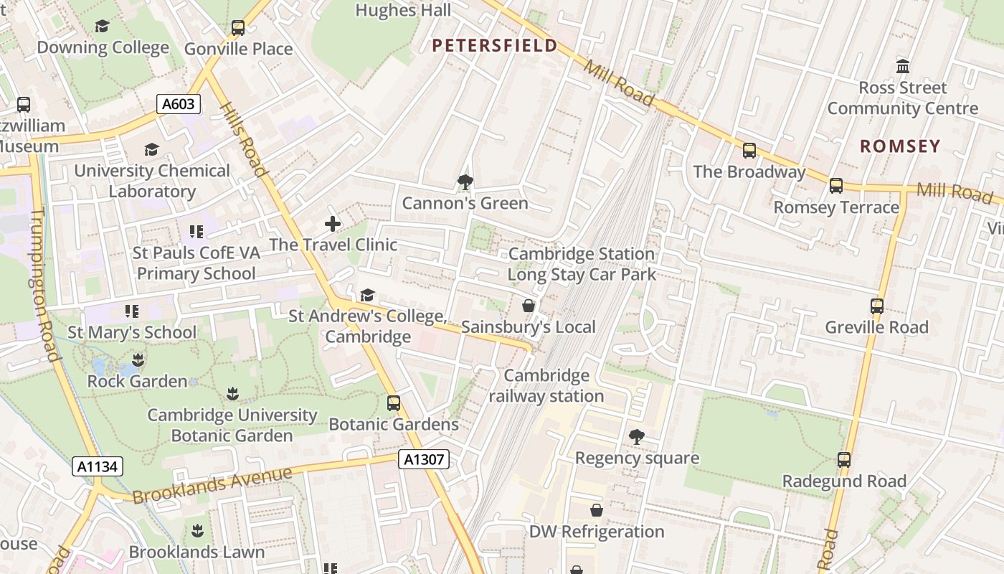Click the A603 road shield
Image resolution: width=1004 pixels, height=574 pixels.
pos(178,104)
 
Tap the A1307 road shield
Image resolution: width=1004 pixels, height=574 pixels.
pos(424,459)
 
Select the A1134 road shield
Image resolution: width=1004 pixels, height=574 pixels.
pos(98,466)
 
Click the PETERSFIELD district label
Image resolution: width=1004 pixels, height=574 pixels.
pos(494,46)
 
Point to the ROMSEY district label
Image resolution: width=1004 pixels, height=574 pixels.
pos(900,146)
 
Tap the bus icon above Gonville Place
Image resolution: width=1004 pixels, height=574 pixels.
pos(238,28)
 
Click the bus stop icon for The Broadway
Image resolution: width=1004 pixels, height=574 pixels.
pos(749,151)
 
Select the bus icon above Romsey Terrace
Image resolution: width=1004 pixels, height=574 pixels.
pos(836,186)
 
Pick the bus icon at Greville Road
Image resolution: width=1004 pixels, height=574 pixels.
pos(876,306)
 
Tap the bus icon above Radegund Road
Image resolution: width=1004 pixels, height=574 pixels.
pos(844,460)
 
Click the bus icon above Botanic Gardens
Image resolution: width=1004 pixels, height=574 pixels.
pos(394,403)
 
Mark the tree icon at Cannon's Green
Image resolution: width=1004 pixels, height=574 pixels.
pos(465,182)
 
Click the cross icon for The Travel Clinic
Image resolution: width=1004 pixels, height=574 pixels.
pos(333,224)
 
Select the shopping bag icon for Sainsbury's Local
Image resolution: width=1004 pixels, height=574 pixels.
pos(529,306)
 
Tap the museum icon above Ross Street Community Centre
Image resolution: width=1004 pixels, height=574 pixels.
pos(903,67)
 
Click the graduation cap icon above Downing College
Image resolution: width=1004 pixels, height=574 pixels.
pos(103,27)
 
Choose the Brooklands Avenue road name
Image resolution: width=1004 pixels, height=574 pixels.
pos(213,485)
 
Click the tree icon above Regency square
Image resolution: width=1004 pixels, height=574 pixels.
pos(636,436)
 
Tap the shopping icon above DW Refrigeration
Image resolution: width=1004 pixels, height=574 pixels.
pos(596,510)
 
